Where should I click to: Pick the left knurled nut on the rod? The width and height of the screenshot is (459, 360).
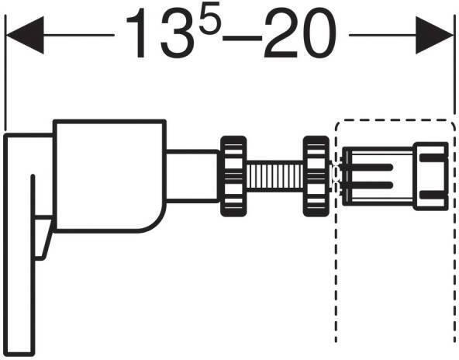[x=231, y=176]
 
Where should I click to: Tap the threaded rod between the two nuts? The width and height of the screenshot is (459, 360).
[x=274, y=176]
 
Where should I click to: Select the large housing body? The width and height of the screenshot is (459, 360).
[x=109, y=175]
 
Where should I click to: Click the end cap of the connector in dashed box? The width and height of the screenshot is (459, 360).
[x=431, y=176]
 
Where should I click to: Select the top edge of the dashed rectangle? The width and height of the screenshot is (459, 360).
[x=394, y=120]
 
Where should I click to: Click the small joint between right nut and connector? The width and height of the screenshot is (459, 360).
[x=336, y=176]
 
